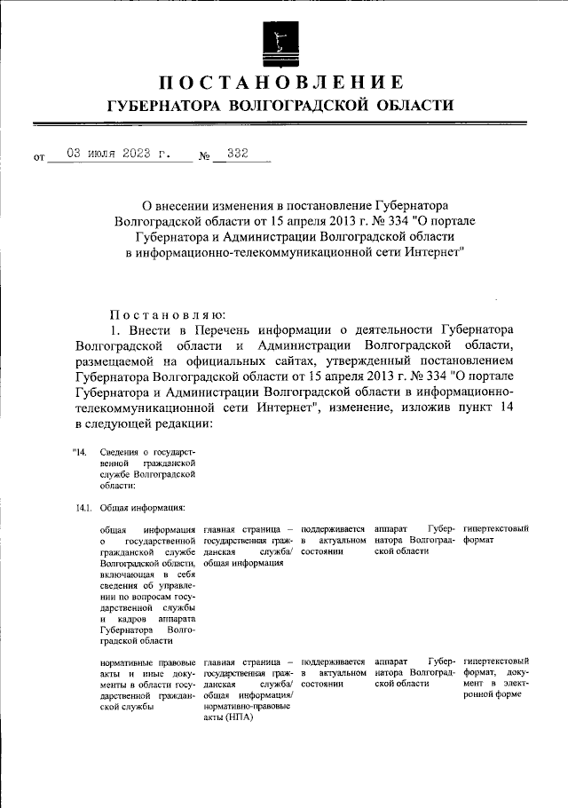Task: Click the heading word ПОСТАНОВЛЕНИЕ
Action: point(282,83)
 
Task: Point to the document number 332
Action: point(237,154)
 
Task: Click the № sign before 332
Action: point(205,158)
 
